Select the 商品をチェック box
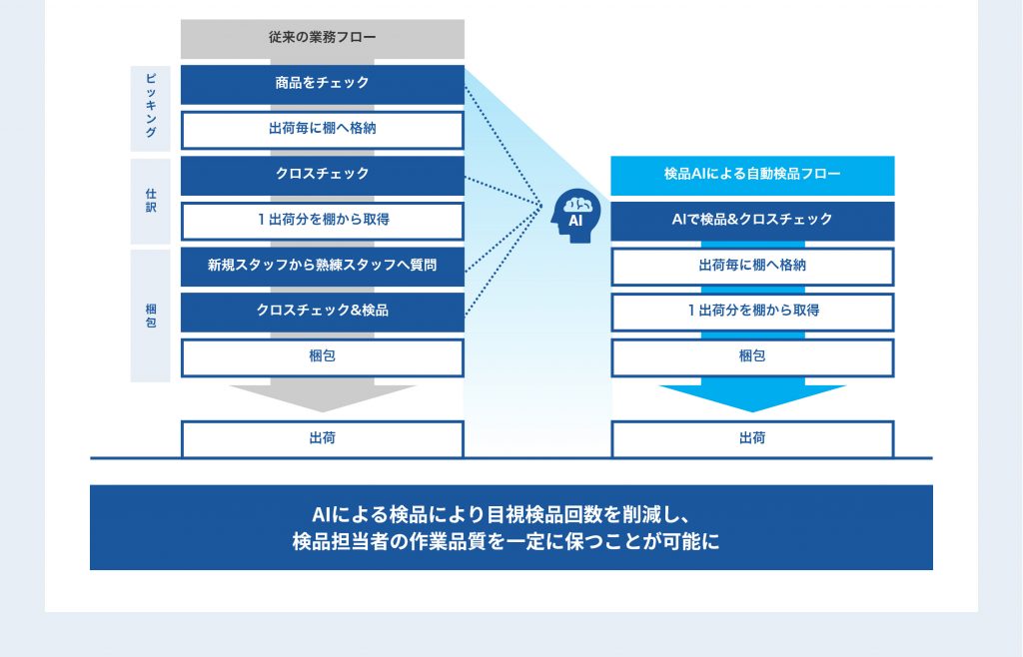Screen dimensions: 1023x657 323,84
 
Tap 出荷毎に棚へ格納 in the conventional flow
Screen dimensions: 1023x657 323,130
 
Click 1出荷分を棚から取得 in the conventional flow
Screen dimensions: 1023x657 323,221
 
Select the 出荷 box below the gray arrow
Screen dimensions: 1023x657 323,439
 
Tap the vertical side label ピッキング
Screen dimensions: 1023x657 151,108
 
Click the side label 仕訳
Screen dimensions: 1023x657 151,201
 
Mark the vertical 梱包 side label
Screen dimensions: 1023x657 151,316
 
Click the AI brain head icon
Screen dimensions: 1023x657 575,216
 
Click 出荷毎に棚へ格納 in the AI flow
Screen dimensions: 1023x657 752,267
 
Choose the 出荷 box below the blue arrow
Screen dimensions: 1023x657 752,439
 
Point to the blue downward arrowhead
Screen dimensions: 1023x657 752,397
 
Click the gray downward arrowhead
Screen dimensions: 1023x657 323,397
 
